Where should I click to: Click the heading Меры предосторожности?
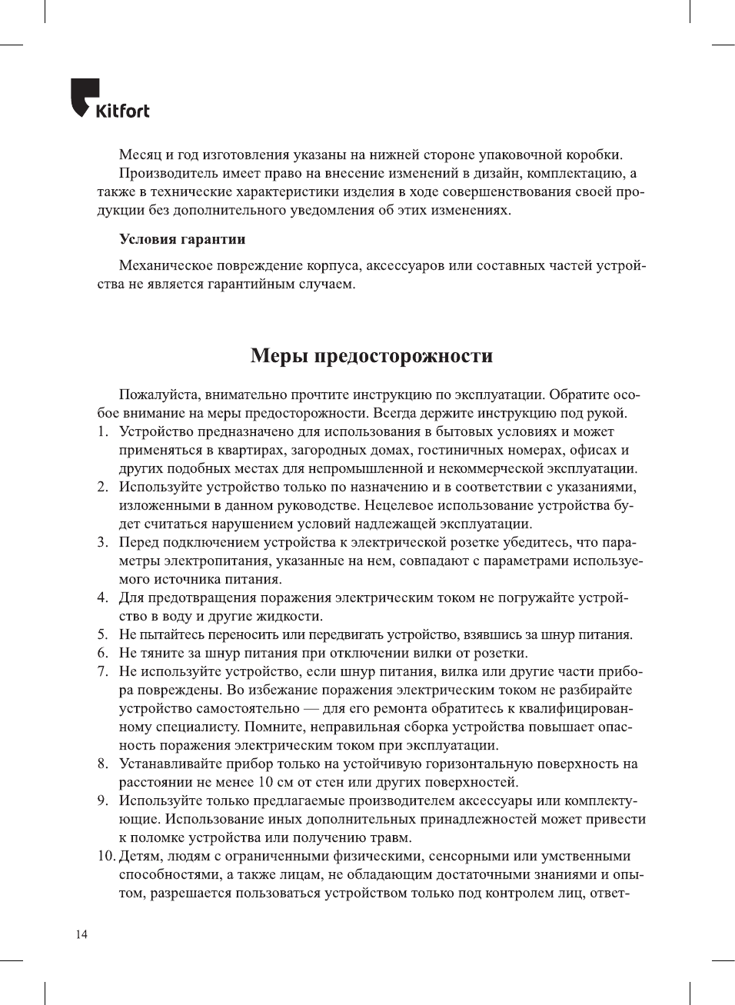371,356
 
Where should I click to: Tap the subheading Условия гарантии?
182,239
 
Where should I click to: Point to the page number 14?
81,934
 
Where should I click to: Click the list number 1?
102,431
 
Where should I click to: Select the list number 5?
102,634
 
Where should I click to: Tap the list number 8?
102,764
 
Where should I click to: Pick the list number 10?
106,856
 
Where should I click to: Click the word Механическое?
164,265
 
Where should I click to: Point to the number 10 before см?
265,782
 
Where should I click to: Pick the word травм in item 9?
393,837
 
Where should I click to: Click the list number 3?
102,542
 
